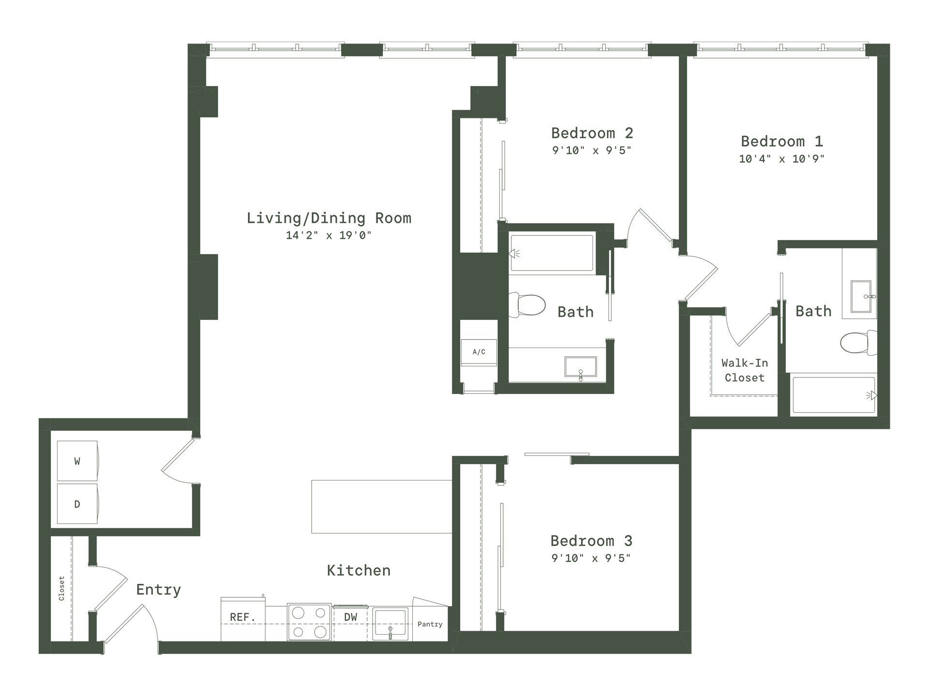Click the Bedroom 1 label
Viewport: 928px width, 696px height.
click(x=782, y=141)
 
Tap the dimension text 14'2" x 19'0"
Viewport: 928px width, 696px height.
click(x=329, y=235)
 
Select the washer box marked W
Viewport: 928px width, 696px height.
click(x=77, y=461)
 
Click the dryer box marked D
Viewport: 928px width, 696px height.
click(x=77, y=504)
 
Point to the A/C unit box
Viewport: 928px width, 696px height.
click(x=479, y=352)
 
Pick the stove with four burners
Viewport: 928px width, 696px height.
click(x=309, y=622)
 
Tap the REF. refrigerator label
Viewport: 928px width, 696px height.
click(x=243, y=617)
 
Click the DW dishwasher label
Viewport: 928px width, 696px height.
click(x=351, y=617)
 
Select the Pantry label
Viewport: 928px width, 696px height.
click(x=430, y=624)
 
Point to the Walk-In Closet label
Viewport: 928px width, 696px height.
click(x=744, y=370)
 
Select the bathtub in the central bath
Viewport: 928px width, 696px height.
click(x=551, y=253)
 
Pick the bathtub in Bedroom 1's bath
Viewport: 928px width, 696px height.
click(x=834, y=395)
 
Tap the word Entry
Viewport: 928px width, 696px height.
click(x=159, y=590)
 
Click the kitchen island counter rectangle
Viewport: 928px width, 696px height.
click(x=382, y=507)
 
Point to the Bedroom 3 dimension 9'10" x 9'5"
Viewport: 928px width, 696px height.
click(x=591, y=558)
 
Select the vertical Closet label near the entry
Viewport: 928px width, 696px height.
click(x=61, y=588)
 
